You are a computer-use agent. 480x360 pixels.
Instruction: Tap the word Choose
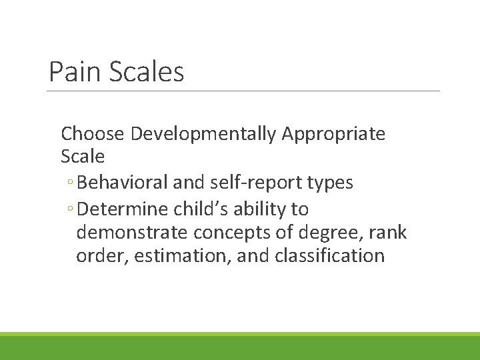pos(93,134)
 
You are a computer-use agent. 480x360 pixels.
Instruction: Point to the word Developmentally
pos(203,134)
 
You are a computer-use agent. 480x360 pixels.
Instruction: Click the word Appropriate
pos(333,134)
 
